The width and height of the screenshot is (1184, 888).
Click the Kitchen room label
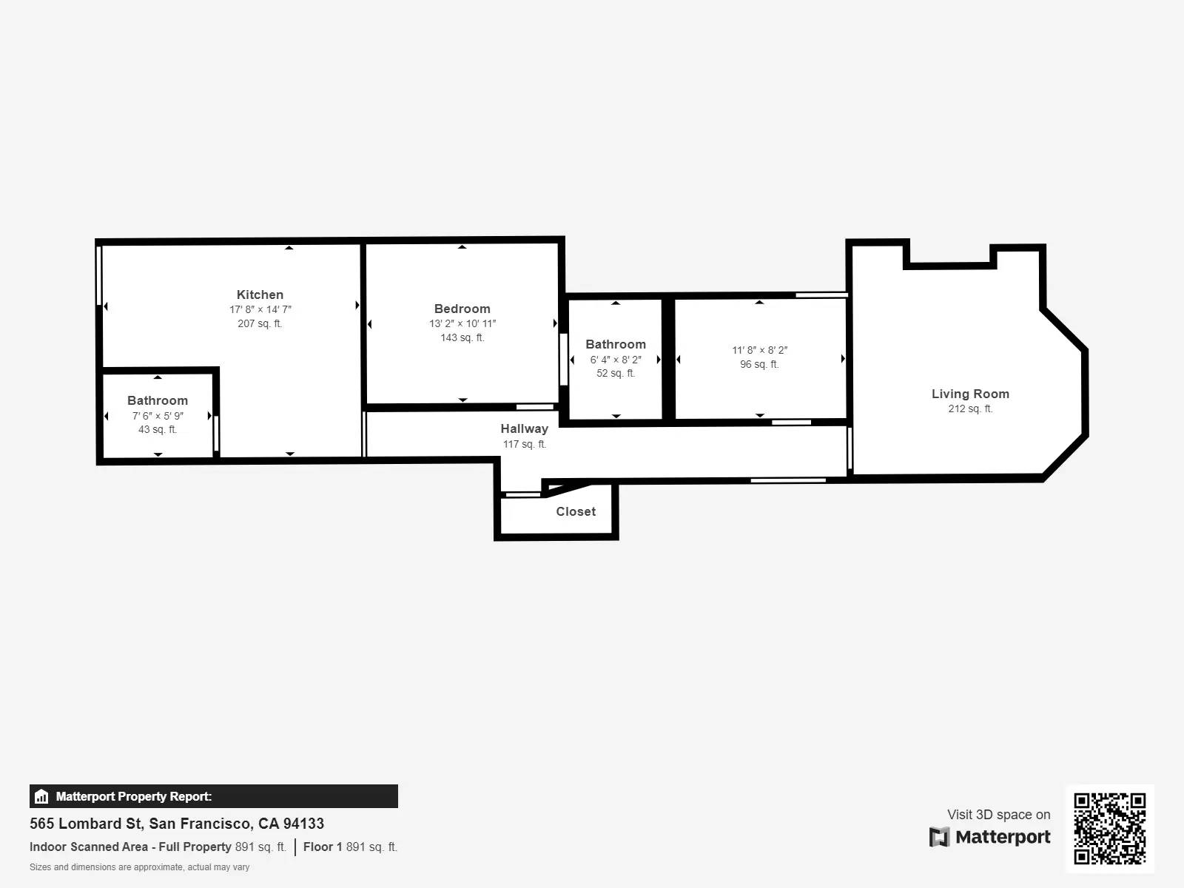(x=260, y=295)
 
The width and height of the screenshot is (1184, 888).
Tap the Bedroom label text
(x=462, y=309)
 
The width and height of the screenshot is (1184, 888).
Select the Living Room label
(x=970, y=394)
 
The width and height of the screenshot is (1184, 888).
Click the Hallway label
(x=524, y=428)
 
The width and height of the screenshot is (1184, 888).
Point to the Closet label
(x=576, y=511)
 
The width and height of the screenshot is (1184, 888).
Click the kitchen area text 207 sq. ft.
(x=260, y=323)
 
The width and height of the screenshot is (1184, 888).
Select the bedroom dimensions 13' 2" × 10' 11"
(x=462, y=323)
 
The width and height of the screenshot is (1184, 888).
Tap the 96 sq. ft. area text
(x=759, y=364)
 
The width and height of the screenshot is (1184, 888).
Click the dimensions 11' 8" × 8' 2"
(x=760, y=350)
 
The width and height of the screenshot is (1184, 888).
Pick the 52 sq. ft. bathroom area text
(x=616, y=373)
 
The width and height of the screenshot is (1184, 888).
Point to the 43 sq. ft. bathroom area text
(x=158, y=429)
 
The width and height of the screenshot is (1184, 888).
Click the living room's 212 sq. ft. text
(x=970, y=408)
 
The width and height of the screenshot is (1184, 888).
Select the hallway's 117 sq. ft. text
(x=524, y=444)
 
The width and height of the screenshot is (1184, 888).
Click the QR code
(x=1109, y=828)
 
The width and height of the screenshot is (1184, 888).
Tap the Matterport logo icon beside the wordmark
(x=939, y=837)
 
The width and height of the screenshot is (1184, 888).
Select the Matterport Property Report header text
(x=134, y=796)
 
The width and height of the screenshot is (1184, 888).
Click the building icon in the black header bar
(x=41, y=796)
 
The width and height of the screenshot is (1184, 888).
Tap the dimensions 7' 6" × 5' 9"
(x=158, y=416)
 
